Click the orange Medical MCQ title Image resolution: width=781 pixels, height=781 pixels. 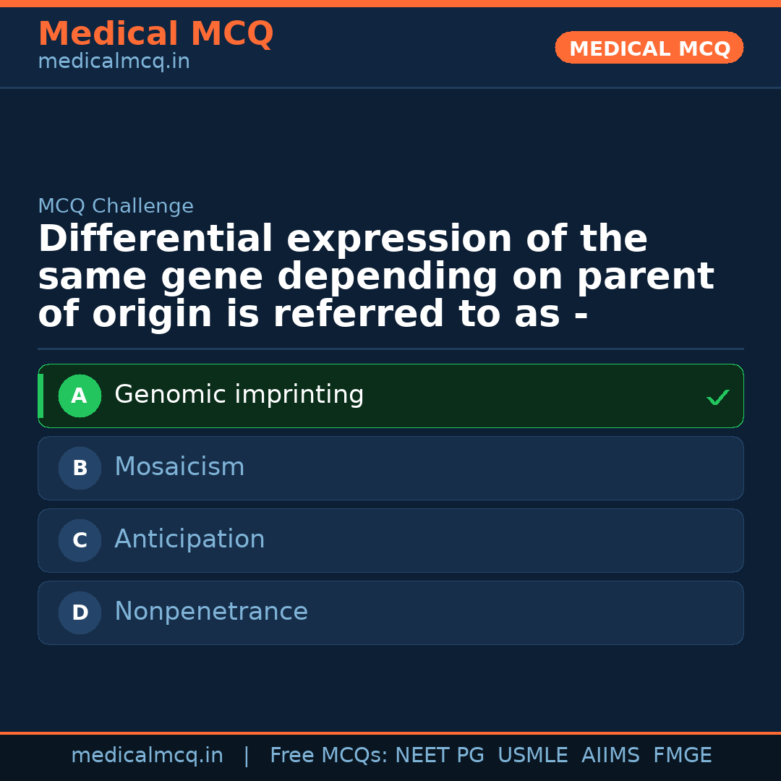click(x=155, y=34)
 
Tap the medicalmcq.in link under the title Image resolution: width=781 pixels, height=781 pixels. click(x=114, y=62)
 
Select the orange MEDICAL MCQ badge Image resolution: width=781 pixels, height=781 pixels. click(x=649, y=48)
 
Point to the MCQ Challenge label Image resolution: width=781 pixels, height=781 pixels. click(x=116, y=206)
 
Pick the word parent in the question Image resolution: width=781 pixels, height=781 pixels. click(x=645, y=277)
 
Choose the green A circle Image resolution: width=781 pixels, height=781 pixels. click(x=80, y=396)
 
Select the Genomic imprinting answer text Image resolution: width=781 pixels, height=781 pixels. click(x=239, y=396)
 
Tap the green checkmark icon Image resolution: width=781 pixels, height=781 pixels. click(x=717, y=397)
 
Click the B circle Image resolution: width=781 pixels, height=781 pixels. click(x=80, y=469)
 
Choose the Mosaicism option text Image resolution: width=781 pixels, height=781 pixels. click(x=179, y=468)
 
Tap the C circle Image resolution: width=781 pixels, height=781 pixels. click(x=80, y=541)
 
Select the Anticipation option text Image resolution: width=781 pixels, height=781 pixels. click(x=189, y=540)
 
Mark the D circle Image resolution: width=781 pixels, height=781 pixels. click(x=80, y=613)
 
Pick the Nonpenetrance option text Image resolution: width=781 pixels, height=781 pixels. click(x=211, y=613)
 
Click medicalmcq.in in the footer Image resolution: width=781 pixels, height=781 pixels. click(x=147, y=756)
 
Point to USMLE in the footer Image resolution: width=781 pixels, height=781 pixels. click(x=532, y=756)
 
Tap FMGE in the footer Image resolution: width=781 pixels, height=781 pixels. click(x=682, y=756)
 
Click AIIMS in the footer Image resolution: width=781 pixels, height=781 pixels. click(x=610, y=756)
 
